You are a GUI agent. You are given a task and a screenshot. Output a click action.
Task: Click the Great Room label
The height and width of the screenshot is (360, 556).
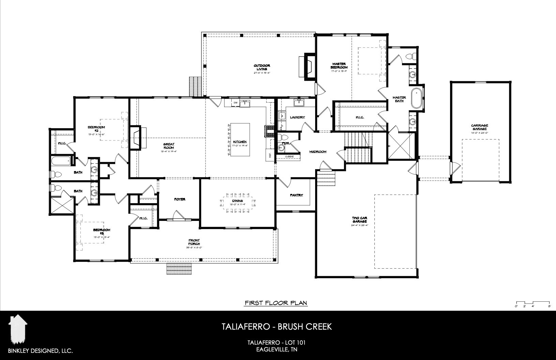(x=168, y=146)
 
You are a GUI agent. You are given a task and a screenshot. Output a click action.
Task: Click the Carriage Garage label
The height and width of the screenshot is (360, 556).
(x=479, y=127)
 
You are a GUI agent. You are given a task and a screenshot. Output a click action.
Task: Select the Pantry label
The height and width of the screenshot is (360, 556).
(x=296, y=195)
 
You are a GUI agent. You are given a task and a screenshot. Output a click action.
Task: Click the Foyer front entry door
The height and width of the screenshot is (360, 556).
(x=178, y=215)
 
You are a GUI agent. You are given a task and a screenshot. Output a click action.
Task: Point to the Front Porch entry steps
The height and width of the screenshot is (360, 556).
(x=180, y=269)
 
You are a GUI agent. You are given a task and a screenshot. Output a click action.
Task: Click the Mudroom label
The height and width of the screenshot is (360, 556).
(x=318, y=152)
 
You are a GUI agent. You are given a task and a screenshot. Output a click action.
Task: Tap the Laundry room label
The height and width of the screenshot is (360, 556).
(x=297, y=117)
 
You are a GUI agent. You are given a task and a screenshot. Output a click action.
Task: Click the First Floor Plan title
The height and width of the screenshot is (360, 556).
(x=276, y=302)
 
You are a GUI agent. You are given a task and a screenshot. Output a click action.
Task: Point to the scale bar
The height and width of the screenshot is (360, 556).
(x=533, y=303)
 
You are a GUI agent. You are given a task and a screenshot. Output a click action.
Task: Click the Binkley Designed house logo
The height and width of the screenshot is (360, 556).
(x=18, y=330)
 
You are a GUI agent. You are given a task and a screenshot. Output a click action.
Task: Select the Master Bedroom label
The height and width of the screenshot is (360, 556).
(x=339, y=65)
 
